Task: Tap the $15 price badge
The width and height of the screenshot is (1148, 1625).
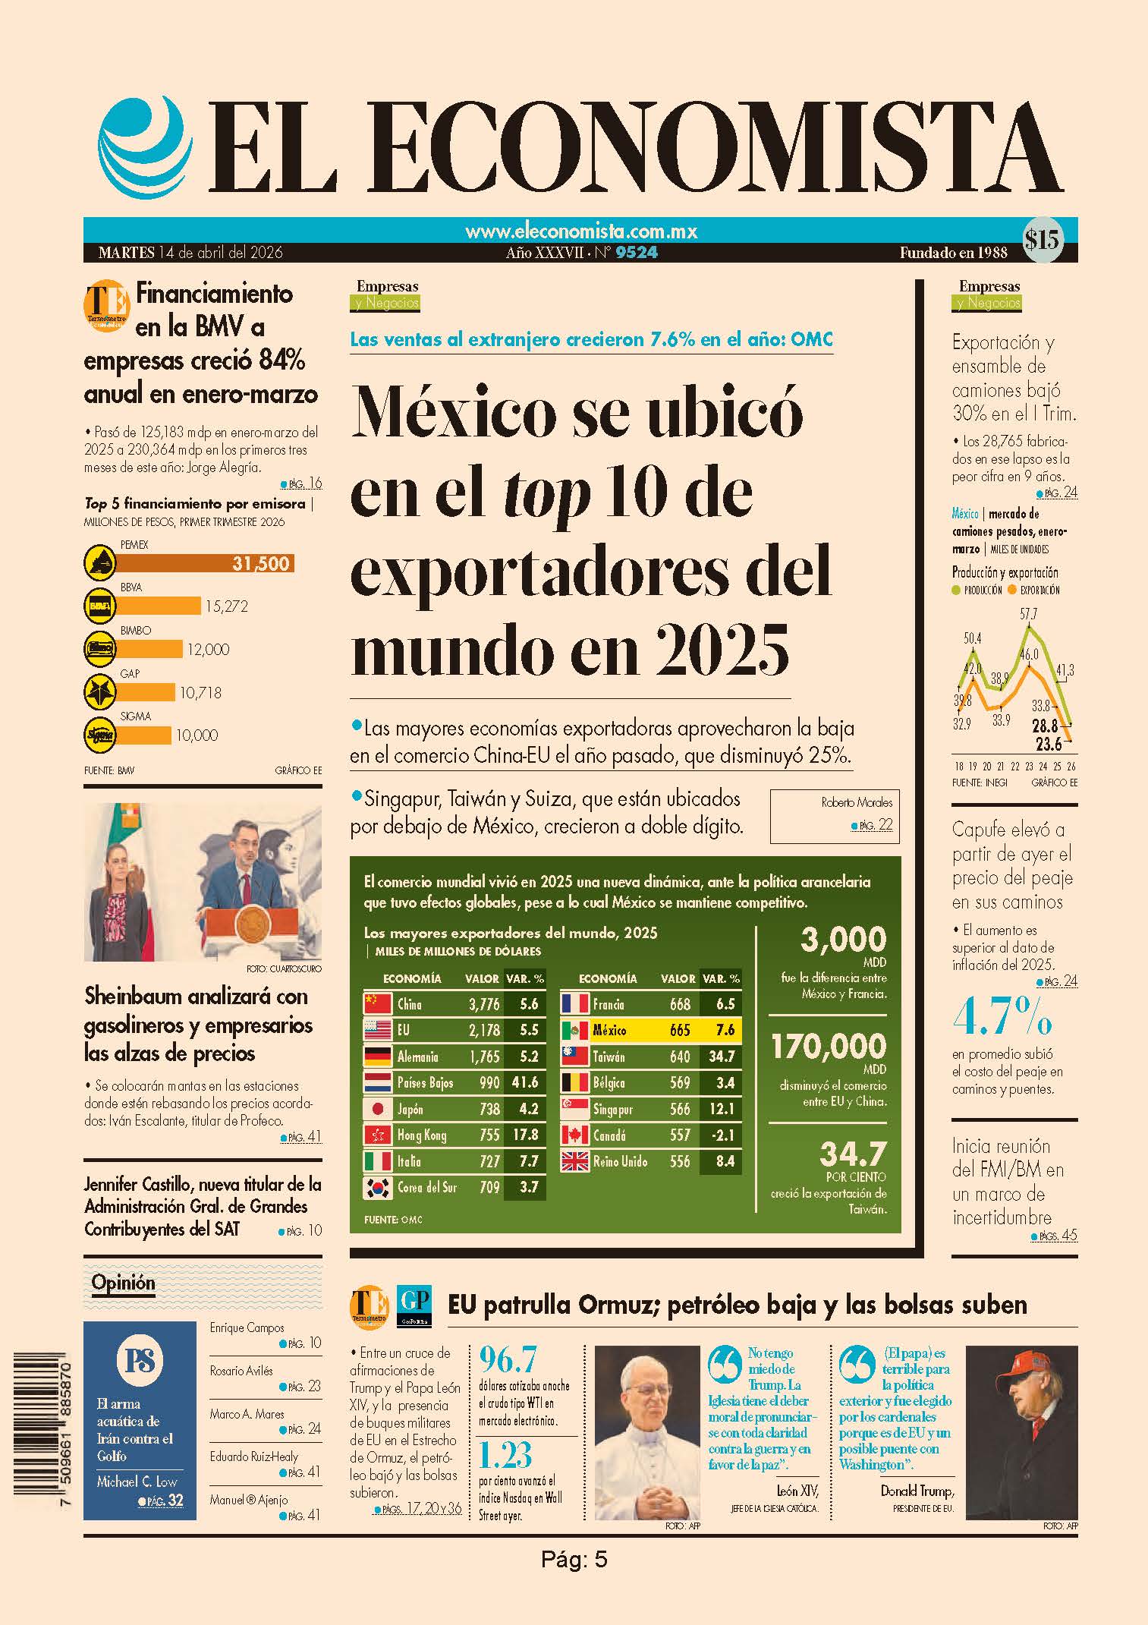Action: (1042, 241)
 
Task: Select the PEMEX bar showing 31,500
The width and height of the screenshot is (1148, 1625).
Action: (206, 563)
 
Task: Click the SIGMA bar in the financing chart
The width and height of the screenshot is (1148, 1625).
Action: (144, 735)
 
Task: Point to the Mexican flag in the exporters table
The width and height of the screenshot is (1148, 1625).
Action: (575, 1030)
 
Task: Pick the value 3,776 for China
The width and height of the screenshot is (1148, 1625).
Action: (484, 1004)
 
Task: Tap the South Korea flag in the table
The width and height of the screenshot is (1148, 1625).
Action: (378, 1187)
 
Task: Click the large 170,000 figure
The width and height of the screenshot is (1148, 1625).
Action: (829, 1047)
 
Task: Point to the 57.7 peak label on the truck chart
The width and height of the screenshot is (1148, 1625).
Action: (1029, 614)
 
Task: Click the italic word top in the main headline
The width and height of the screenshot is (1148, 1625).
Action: (548, 492)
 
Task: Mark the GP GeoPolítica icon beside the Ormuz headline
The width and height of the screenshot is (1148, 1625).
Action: (414, 1305)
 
